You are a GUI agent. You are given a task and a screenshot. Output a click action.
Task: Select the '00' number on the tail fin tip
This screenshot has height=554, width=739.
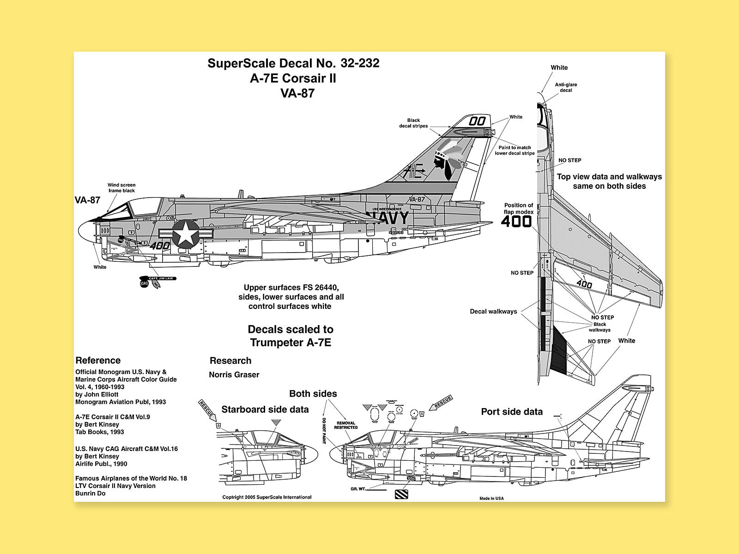(x=477, y=121)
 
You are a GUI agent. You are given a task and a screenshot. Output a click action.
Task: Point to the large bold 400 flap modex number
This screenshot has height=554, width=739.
(x=516, y=222)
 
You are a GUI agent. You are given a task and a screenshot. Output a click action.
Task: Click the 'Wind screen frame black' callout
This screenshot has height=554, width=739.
(x=121, y=187)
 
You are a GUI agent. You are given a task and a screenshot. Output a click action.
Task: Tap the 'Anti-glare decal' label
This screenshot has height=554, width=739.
(x=566, y=87)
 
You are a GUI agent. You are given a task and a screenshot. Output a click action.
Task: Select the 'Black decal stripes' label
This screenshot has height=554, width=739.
(x=413, y=123)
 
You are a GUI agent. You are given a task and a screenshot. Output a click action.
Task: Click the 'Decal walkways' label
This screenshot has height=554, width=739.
(x=493, y=312)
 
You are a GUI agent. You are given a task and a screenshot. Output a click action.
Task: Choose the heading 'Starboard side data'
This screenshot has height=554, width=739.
(x=265, y=409)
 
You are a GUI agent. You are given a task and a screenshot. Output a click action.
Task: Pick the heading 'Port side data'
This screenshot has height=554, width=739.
(x=512, y=412)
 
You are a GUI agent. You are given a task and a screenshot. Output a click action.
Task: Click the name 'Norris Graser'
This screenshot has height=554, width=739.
(x=234, y=375)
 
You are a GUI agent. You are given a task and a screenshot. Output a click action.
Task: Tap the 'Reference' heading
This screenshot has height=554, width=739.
(x=98, y=361)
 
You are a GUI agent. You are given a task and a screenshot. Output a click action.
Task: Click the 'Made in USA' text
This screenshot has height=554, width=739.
(x=491, y=498)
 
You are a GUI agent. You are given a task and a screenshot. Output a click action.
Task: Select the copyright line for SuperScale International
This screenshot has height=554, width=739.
(x=267, y=497)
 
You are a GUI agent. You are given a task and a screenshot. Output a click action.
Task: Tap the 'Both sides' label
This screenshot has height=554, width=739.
(x=313, y=394)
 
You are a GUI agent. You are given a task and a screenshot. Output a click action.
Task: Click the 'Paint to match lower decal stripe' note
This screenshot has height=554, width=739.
(x=515, y=151)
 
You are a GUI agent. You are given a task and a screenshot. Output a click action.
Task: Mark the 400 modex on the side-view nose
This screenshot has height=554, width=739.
(x=159, y=246)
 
